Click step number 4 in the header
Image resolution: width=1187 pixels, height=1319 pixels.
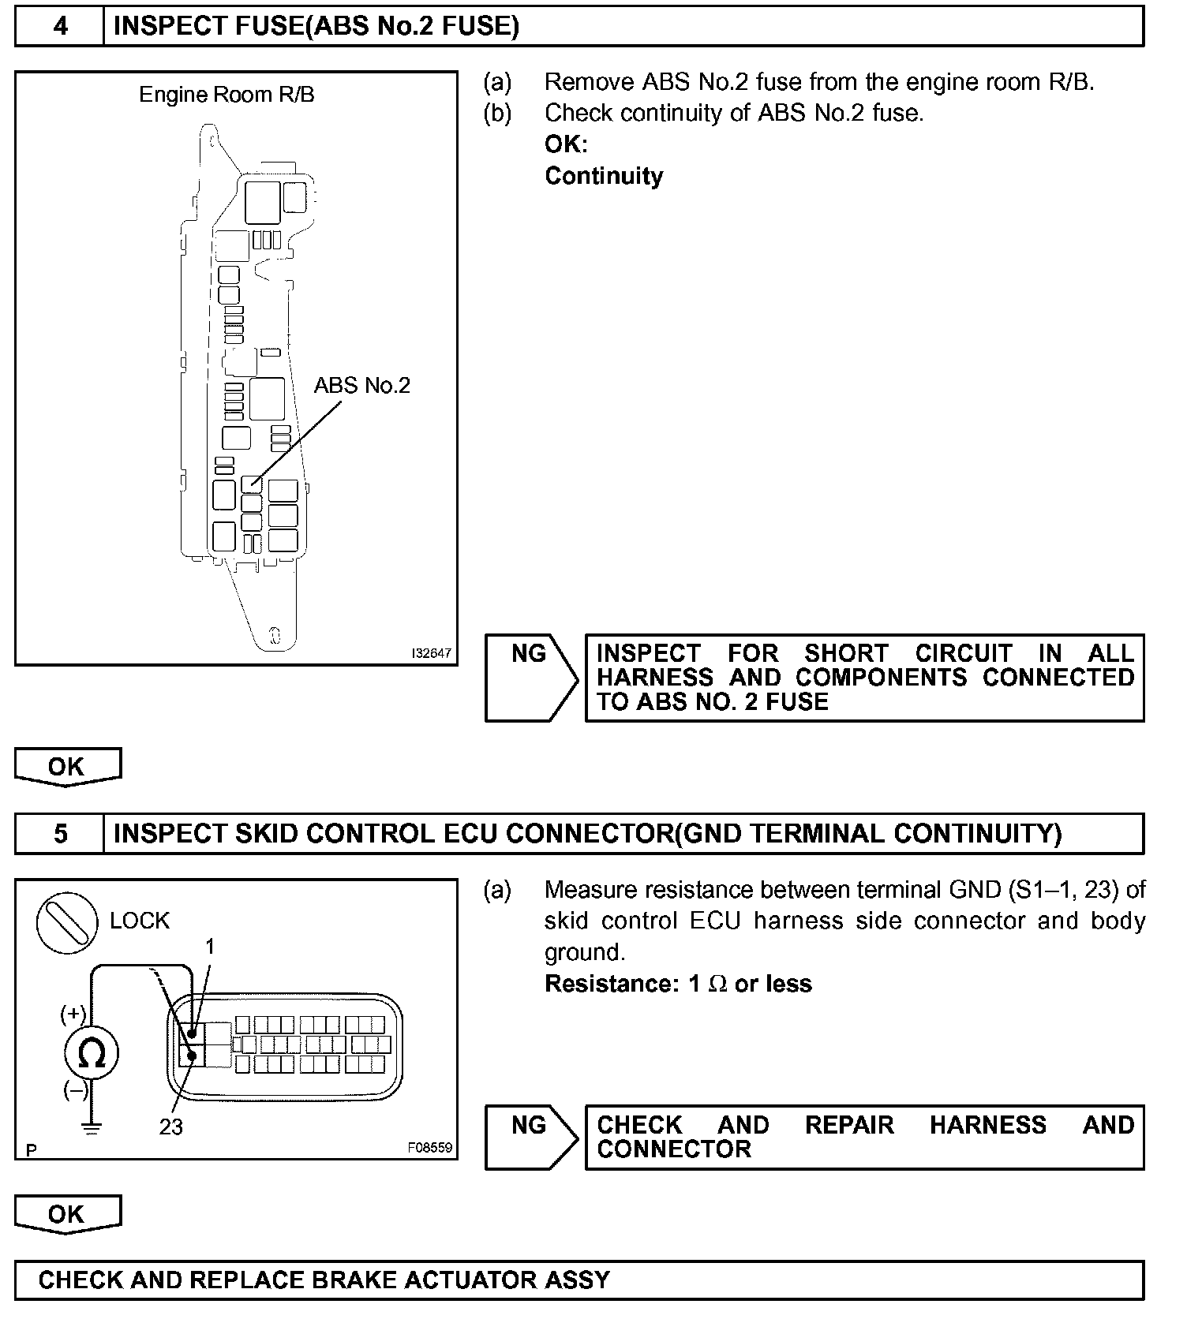[x=60, y=27]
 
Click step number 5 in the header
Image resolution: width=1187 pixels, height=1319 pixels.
[x=60, y=834]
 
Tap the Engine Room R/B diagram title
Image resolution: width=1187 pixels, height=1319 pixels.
[x=227, y=95]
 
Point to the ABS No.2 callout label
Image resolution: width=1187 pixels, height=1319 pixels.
[x=362, y=386]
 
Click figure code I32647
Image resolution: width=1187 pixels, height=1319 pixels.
[x=431, y=653]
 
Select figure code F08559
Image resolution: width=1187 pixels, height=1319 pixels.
[x=430, y=1148]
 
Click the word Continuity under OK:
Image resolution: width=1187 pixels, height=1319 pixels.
[x=604, y=176]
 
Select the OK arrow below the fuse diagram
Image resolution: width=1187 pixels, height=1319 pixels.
[x=67, y=767]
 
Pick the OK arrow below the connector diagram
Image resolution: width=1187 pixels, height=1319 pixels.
[x=67, y=1214]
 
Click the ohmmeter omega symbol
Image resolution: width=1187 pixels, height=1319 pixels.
[x=92, y=1053]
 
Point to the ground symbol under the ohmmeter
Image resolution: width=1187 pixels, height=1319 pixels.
[x=92, y=1129]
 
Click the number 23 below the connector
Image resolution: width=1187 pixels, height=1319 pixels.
[x=170, y=1127]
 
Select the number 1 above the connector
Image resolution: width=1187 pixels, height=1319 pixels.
[x=210, y=947]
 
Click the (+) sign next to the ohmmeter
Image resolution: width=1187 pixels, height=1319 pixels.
[x=73, y=1014]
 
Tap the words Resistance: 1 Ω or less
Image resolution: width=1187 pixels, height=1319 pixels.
[x=678, y=984]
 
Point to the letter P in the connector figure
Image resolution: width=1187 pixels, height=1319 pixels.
[x=31, y=1151]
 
